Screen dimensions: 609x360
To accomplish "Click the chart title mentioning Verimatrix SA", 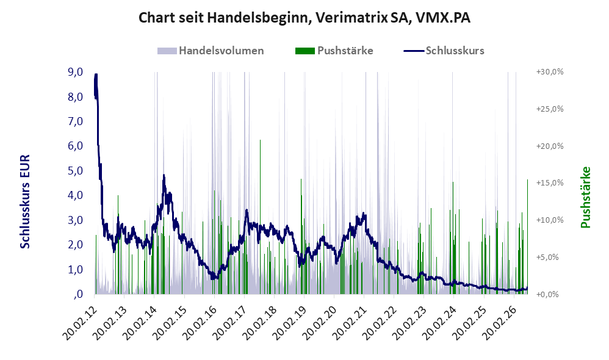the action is coord(304,18).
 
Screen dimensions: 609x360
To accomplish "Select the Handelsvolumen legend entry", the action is coord(211,51).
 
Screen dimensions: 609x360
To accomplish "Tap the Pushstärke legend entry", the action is coord(334,51).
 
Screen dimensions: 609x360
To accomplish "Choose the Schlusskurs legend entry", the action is coord(444,51).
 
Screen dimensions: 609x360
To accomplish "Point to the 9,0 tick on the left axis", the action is coord(75,72).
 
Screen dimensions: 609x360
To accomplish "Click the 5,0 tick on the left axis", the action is coord(75,170).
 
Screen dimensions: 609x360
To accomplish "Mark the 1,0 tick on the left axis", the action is coord(75,269).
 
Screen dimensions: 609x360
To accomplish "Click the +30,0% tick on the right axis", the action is coord(550,72).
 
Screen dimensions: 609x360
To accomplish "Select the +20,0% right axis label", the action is coord(550,146).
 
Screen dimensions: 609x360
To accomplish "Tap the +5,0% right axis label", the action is coord(547,257).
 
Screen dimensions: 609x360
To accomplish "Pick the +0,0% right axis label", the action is coord(547,294).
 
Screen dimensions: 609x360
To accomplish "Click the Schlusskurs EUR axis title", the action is coord(25,201).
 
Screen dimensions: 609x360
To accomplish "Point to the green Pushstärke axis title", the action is coord(585,197).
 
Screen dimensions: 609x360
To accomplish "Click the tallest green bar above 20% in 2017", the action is coord(260,217).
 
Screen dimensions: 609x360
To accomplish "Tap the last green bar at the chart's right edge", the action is coord(527,237).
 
